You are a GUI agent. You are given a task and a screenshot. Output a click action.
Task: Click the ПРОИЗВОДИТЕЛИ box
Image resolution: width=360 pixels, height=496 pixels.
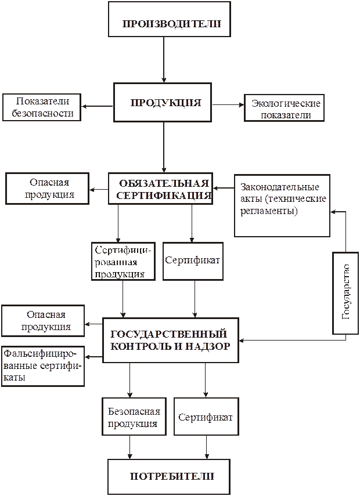tap(170, 19)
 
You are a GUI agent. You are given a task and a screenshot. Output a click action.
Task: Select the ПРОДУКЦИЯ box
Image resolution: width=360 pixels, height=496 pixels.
tap(163, 103)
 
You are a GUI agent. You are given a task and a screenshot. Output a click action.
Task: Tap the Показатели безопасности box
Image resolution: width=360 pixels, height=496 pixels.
tap(41, 107)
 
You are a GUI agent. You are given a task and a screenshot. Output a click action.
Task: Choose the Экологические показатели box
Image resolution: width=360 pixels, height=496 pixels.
tap(284, 108)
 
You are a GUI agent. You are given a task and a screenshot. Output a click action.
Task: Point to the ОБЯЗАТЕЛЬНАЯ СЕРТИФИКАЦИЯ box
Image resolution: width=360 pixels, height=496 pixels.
tap(160, 189)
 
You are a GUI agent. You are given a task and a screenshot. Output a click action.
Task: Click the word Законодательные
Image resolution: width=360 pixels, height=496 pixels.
tap(279, 187)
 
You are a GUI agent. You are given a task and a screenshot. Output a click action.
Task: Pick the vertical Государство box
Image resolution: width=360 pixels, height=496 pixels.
tap(345, 293)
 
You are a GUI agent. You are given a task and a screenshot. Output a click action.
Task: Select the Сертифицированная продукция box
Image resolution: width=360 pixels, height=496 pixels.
tap(123, 261)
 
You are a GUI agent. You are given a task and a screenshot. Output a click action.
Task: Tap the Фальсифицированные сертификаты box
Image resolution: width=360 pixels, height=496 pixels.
tap(43, 366)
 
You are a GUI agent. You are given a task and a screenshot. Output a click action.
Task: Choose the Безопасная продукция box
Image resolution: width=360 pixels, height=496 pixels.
tap(134, 417)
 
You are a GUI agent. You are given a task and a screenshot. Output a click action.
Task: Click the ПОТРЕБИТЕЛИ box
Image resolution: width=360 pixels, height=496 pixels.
tap(169, 477)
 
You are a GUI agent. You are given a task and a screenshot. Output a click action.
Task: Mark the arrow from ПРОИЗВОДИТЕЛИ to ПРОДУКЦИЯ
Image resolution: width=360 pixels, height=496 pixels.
tap(164, 60)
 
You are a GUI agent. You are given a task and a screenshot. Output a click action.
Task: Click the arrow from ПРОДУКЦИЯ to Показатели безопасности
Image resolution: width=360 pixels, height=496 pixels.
tap(97, 106)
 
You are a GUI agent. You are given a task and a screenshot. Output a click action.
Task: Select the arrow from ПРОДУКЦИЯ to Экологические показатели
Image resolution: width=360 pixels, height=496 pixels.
tap(228, 104)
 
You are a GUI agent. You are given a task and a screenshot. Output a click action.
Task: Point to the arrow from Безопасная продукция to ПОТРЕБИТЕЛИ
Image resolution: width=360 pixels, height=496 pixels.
tap(130, 447)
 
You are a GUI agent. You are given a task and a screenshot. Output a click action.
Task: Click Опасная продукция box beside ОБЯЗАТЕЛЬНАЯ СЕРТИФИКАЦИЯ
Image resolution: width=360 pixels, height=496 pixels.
tap(47, 189)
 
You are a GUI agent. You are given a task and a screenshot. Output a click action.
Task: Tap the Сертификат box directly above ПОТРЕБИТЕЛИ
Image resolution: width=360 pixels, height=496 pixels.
tap(206, 417)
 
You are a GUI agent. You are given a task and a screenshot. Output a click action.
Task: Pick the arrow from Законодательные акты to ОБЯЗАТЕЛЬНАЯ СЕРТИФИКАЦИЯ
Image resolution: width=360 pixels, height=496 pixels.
tap(224, 188)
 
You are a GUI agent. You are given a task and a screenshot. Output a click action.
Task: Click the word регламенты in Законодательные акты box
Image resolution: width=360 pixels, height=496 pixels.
tap(269, 211)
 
